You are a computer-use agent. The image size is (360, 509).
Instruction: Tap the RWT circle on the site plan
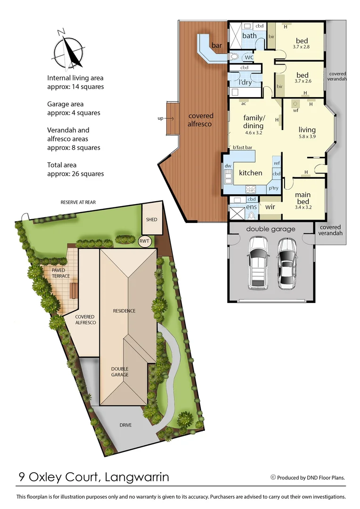pos(144,241)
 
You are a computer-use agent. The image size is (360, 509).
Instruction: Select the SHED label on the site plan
pos(151,220)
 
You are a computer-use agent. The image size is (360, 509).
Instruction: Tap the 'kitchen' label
pos(250,173)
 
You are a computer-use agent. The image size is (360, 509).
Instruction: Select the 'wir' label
pos(270,205)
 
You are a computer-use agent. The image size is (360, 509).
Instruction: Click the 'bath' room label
pos(249,36)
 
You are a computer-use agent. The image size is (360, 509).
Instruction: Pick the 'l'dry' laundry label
pos(245,82)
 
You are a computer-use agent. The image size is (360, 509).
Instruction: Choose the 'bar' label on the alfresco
pos(217,46)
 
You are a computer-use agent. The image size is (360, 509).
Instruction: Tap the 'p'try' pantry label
pos(273,188)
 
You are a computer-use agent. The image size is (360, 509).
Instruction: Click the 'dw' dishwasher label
pos(228,166)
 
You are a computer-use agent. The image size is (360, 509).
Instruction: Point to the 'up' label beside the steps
pos(160,119)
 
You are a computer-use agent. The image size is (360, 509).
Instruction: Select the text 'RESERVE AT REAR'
pos(78,202)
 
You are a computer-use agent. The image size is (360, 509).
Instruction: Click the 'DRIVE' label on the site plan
pos(125,425)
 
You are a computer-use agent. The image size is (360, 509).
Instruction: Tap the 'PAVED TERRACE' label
pos(61,273)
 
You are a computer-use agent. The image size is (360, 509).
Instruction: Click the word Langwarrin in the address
pos(137,477)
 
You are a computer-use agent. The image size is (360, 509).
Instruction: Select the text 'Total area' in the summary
pos(62,165)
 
